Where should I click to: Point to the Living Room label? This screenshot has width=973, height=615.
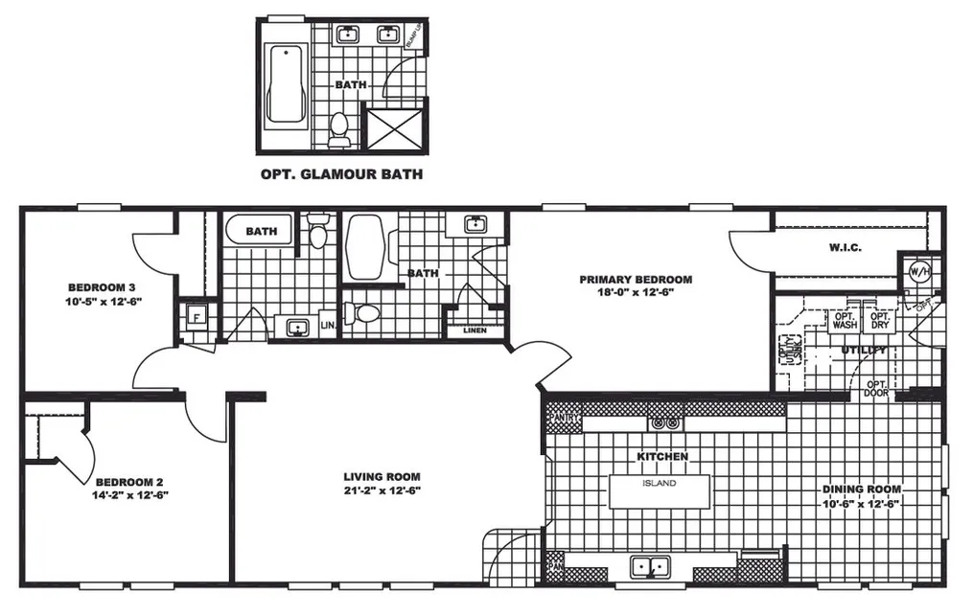pyautogui.click(x=382, y=476)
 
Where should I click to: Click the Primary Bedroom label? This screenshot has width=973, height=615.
pyautogui.click(x=635, y=280)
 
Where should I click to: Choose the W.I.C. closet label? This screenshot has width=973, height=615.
pyautogui.click(x=845, y=248)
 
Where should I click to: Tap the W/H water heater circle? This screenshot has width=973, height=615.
pyautogui.click(x=918, y=271)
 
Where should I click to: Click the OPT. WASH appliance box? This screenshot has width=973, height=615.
pyautogui.click(x=844, y=320)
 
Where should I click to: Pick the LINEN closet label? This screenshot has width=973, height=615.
pyautogui.click(x=475, y=330)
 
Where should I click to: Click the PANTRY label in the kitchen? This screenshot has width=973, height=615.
pyautogui.click(x=565, y=419)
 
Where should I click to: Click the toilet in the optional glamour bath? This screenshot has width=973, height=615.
pyautogui.click(x=338, y=129)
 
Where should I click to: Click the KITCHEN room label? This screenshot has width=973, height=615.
pyautogui.click(x=662, y=457)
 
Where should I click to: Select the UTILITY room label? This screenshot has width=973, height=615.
pyautogui.click(x=865, y=351)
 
